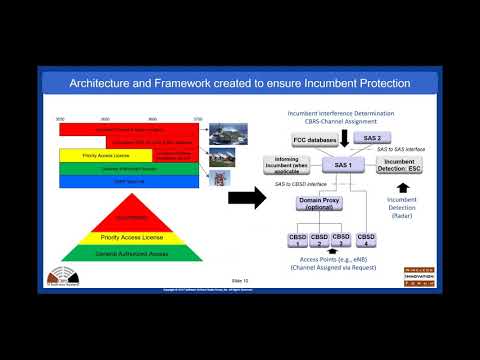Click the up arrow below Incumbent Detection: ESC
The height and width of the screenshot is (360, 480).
click(402, 185)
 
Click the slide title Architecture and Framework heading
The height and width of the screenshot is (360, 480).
click(239, 82)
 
